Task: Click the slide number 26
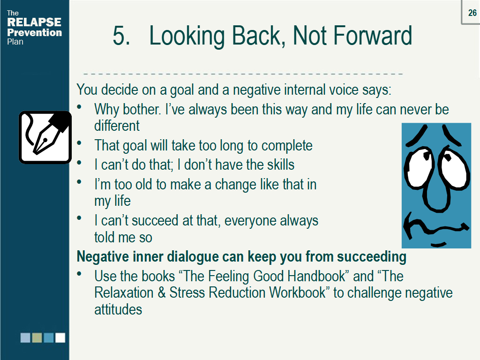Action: coord(472,13)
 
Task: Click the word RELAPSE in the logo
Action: coord(34,22)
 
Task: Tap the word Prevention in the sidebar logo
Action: coord(34,32)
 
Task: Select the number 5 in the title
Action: coord(121,36)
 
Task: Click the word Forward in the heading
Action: coord(378,36)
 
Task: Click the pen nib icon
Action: coord(45,137)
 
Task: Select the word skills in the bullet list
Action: coord(277,165)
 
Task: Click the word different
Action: coord(117,126)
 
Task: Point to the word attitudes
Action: coord(118,309)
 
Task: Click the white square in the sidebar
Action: coord(60,337)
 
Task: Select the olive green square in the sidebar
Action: coord(37,337)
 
